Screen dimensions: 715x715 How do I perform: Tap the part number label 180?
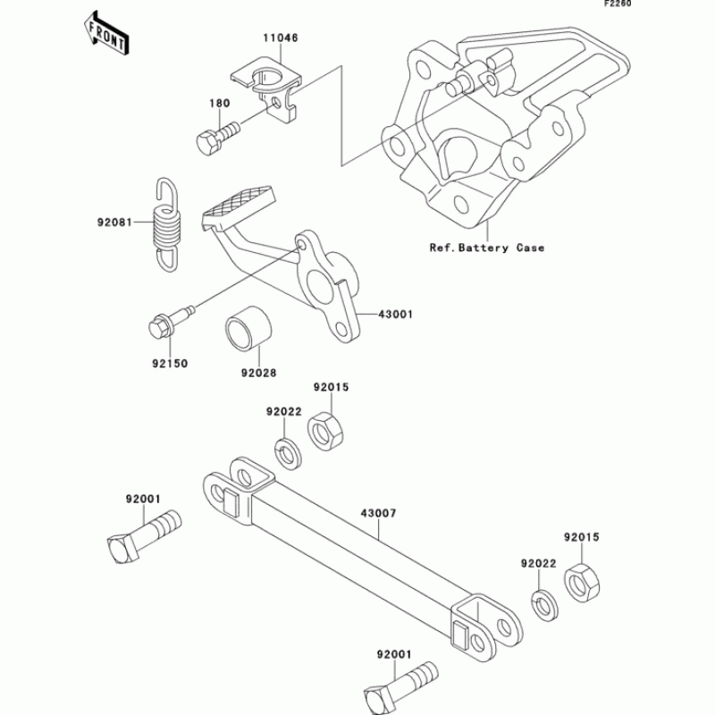220,103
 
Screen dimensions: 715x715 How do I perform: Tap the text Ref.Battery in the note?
467,248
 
